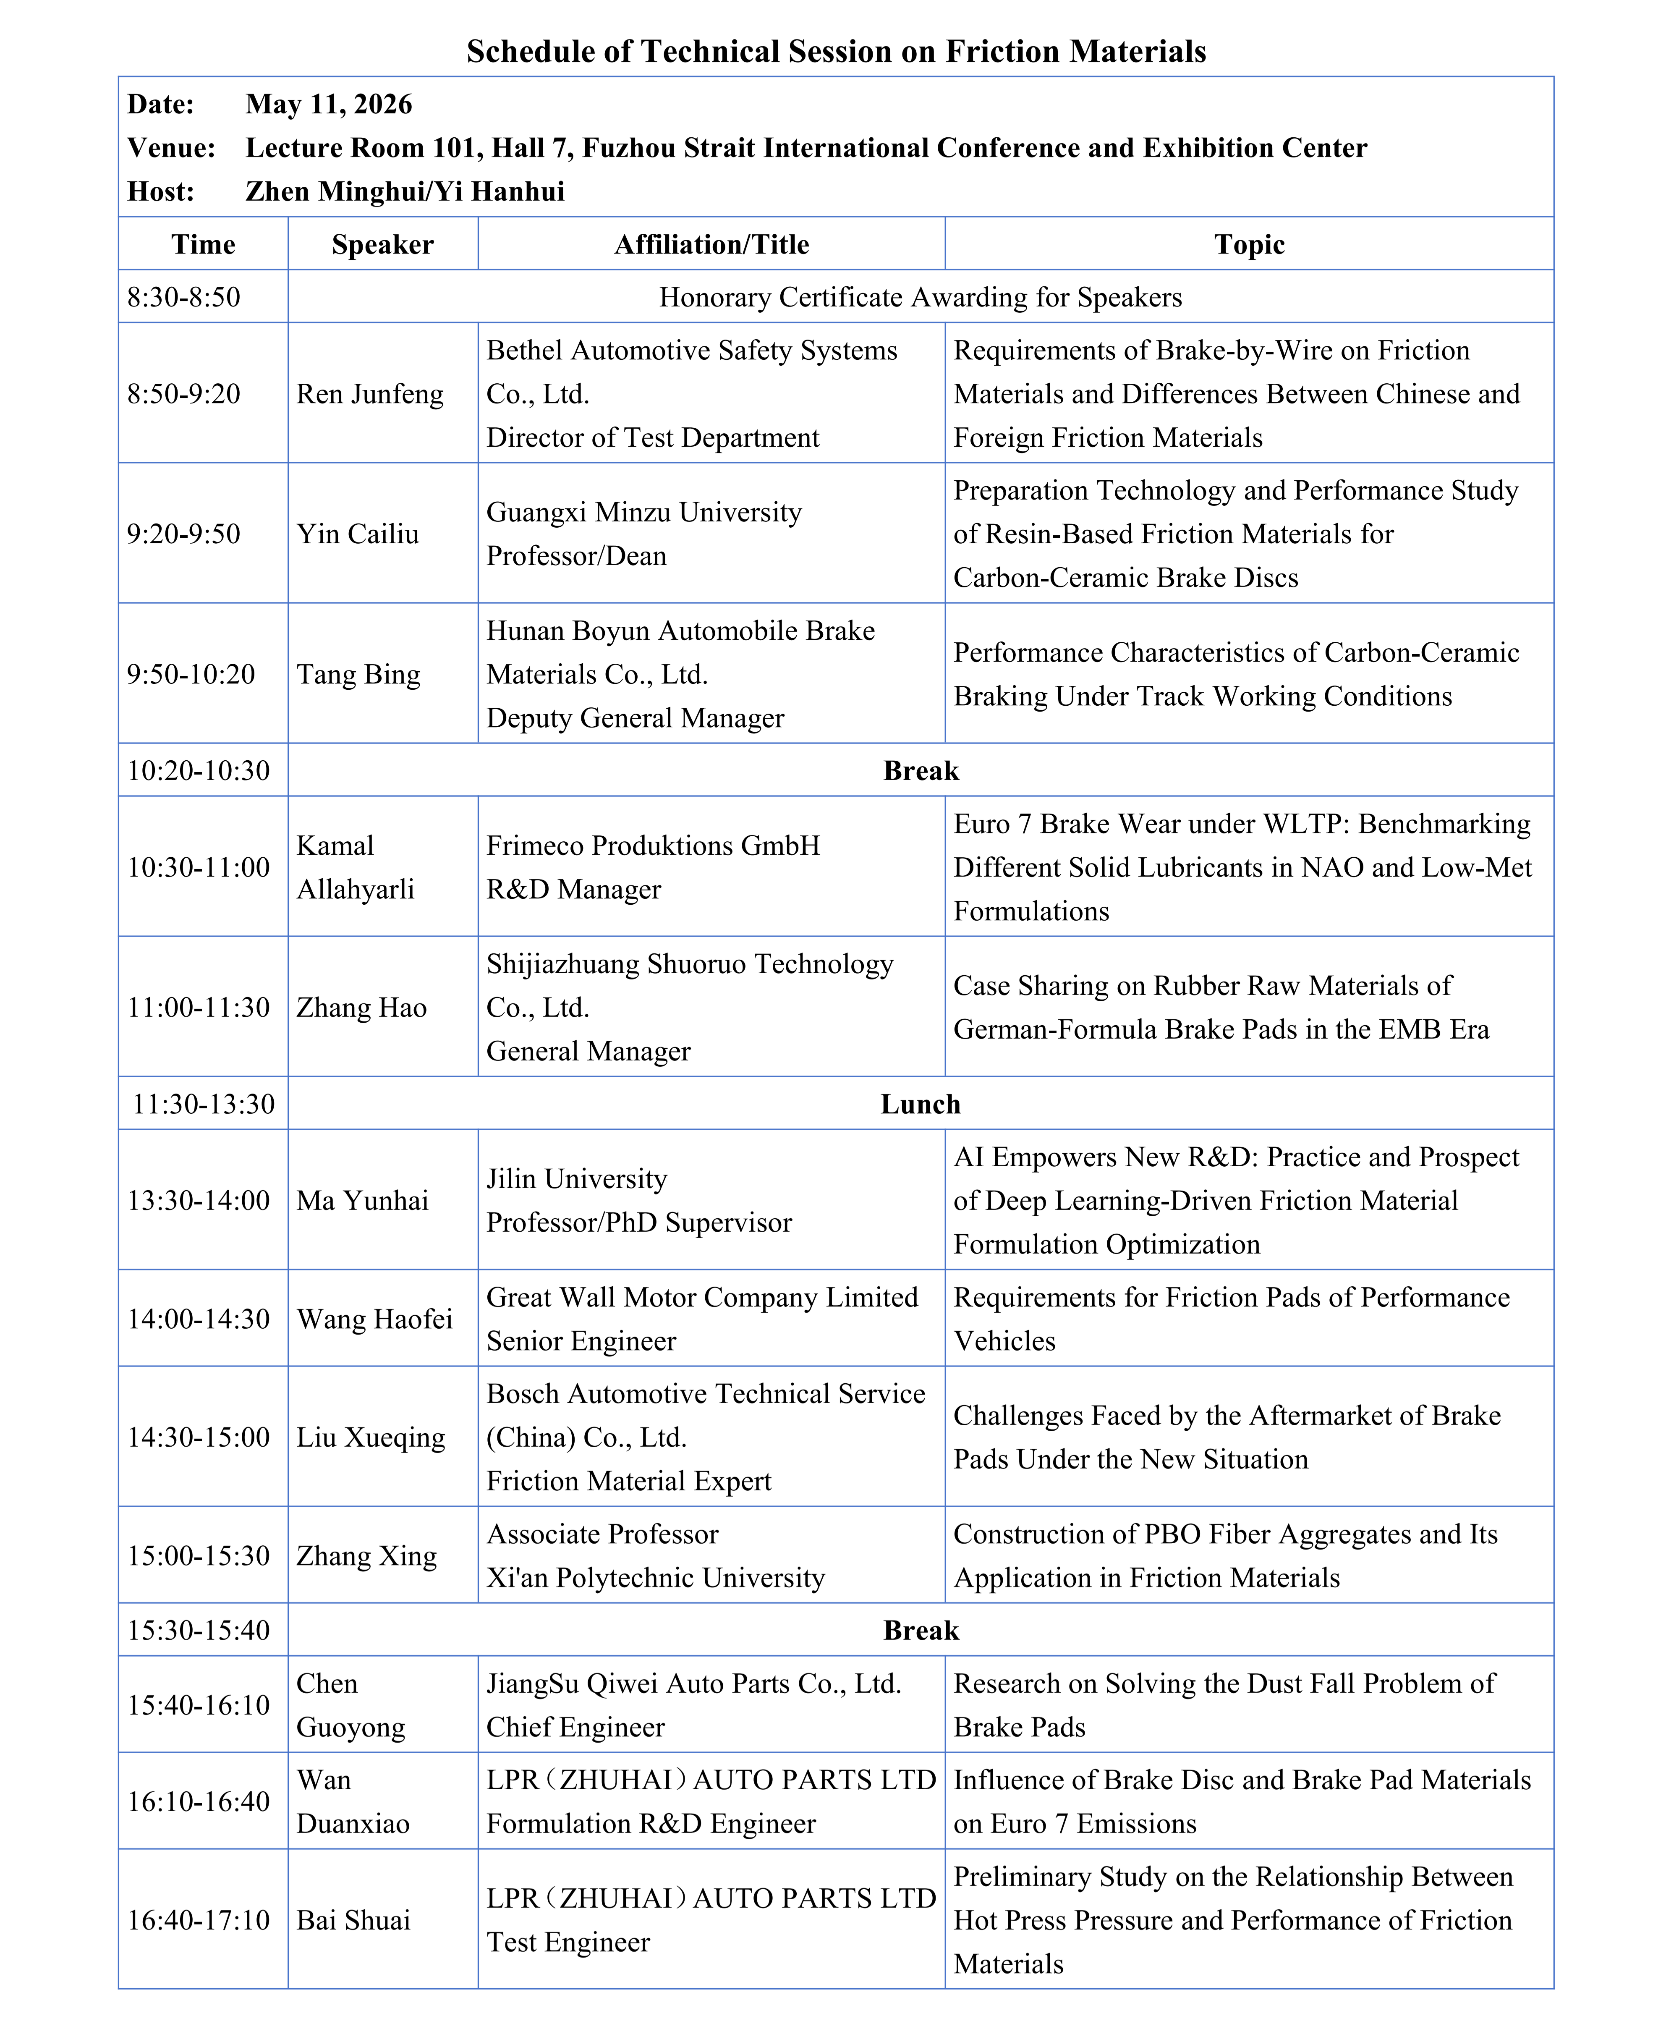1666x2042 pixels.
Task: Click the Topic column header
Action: click(x=1248, y=245)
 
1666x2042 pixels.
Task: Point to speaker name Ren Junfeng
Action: click(x=369, y=393)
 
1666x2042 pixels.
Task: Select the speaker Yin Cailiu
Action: click(x=357, y=534)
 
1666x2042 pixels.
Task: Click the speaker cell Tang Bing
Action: click(x=358, y=674)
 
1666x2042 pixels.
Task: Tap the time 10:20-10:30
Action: click(x=199, y=770)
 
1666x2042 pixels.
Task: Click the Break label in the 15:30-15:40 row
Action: click(x=921, y=1630)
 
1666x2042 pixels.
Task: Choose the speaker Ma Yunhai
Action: click(x=362, y=1200)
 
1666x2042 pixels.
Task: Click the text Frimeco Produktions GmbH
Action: click(x=653, y=846)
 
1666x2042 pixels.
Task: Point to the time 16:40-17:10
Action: click(x=199, y=1920)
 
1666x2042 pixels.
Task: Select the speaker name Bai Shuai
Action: click(x=353, y=1920)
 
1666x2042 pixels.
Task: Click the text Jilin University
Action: click(x=576, y=1178)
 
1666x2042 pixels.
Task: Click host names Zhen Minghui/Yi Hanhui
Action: click(x=405, y=192)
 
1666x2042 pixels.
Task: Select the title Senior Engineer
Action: click(x=581, y=1340)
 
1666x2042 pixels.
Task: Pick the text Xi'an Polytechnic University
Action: click(x=656, y=1578)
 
